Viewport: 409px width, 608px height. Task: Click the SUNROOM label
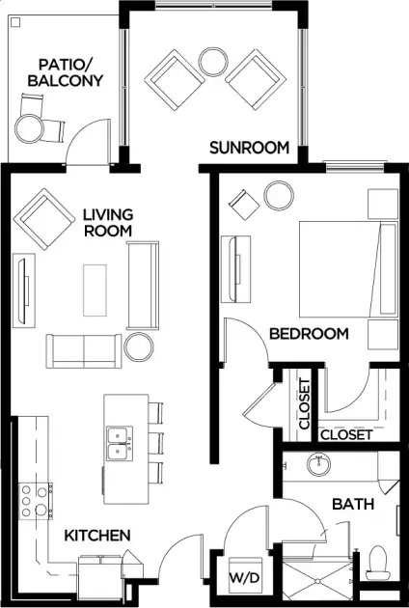coord(249,148)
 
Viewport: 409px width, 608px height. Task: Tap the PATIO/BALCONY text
coord(66,72)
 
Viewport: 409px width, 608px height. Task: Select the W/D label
coord(244,578)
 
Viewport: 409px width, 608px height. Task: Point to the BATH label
coord(353,504)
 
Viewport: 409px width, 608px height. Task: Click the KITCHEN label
coord(96,536)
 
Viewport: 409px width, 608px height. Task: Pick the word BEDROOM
coord(309,334)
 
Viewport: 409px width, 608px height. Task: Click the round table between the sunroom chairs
coord(213,62)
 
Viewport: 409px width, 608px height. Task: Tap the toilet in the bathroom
coord(378,563)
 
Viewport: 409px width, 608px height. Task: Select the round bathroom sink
coord(318,464)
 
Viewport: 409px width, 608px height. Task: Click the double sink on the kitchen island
coord(120,444)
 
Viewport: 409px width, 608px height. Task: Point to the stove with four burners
coord(36,501)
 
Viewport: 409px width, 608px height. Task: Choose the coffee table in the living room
coord(95,290)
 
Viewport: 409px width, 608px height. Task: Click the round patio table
coord(29,128)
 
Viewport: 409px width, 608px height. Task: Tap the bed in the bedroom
coord(348,269)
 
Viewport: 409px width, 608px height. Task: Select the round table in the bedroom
coord(279,196)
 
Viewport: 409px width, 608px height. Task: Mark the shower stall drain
coord(317,581)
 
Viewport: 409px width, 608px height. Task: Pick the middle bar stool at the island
coord(155,443)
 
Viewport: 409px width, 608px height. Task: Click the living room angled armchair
coord(43,219)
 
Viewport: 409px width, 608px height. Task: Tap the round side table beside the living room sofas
coord(139,347)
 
